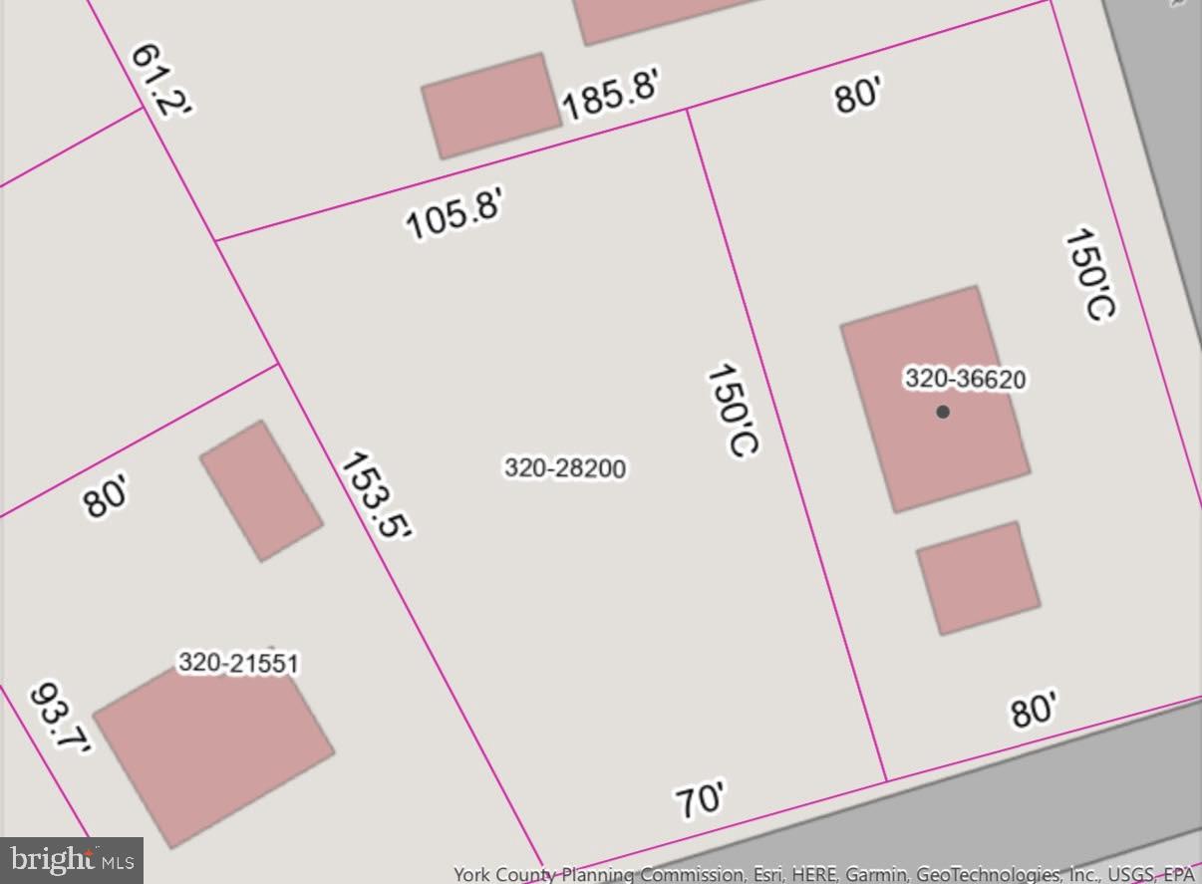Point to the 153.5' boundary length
pos(376,495)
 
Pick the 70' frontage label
pos(701,800)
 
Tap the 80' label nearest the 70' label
pos(1034,711)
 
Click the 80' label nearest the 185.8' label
pos(858,97)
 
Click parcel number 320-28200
pos(565,467)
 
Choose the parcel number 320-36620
pos(965,379)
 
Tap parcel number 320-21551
pos(238,663)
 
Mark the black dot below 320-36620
pos(943,412)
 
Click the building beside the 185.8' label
pos(490,106)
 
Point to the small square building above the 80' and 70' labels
pos(978,578)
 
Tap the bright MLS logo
pos(72,859)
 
